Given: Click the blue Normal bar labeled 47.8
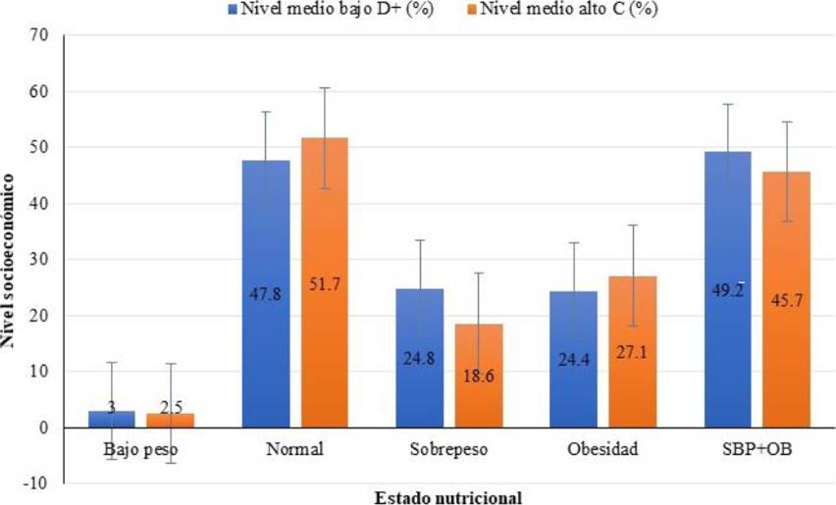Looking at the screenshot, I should pos(266,294).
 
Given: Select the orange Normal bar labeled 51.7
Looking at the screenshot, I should pos(325,284).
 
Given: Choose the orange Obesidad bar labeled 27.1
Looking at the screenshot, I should pos(631,352).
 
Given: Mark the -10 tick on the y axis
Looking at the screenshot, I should pos(36,483).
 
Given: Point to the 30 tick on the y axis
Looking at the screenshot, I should pos(39,260).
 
